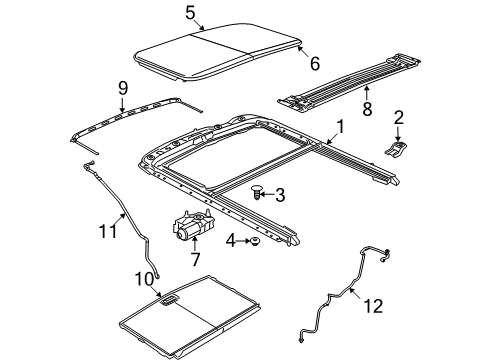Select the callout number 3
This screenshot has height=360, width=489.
click(280, 195)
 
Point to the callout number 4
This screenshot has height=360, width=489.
click(231, 240)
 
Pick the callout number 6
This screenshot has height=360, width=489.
click(313, 64)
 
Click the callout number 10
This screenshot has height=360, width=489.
click(144, 277)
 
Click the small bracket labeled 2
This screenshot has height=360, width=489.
click(398, 150)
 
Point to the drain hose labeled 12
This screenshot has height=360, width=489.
click(345, 289)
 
